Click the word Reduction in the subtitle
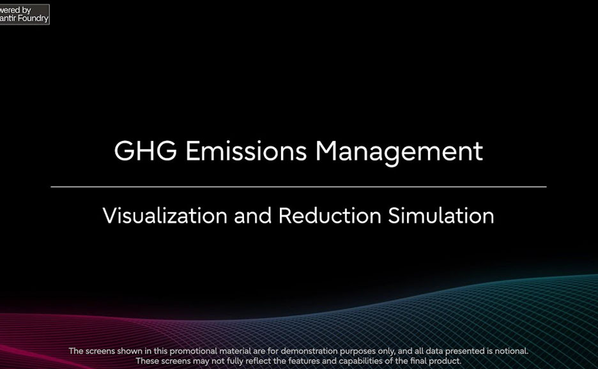(x=330, y=216)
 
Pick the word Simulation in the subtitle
(x=441, y=216)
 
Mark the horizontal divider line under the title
(x=298, y=187)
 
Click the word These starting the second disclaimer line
(x=147, y=361)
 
